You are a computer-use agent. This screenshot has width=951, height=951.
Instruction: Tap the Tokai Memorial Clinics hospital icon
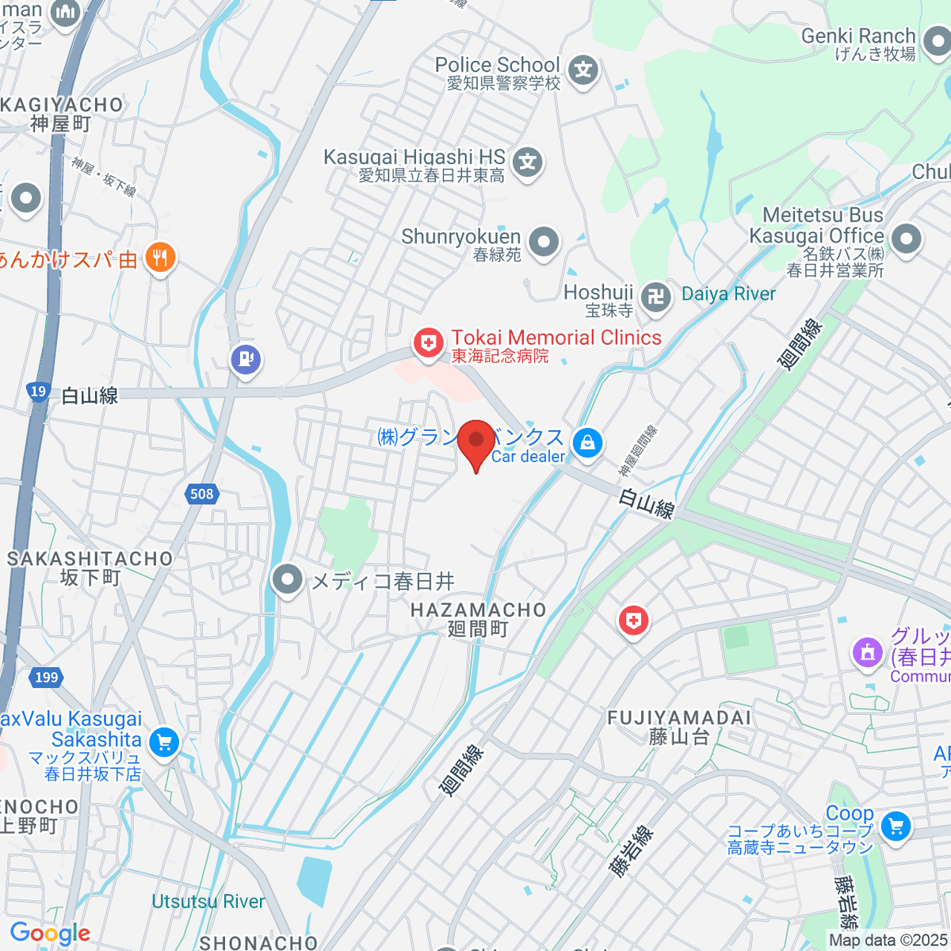click(x=428, y=344)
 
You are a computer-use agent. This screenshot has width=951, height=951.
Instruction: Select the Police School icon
click(x=583, y=71)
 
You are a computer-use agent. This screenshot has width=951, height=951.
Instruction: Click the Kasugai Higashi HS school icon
click(x=527, y=163)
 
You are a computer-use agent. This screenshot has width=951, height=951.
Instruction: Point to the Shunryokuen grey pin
click(x=544, y=242)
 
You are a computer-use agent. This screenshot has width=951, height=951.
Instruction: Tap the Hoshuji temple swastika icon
click(x=655, y=298)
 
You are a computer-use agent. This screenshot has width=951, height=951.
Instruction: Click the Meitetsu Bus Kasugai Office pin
click(x=906, y=238)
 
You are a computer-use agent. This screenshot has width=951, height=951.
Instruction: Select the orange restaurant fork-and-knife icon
click(x=160, y=258)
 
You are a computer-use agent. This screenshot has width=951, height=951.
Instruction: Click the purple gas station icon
click(x=246, y=359)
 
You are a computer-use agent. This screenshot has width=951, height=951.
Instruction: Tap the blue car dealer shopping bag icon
click(x=587, y=443)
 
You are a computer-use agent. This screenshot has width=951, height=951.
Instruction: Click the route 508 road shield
click(x=202, y=494)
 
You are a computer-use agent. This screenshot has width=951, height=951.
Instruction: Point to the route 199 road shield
click(x=47, y=677)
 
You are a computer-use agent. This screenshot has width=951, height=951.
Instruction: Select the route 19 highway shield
click(x=38, y=391)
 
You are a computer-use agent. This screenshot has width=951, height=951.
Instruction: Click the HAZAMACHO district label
click(x=478, y=610)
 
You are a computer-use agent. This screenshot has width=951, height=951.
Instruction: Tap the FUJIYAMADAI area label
click(x=678, y=718)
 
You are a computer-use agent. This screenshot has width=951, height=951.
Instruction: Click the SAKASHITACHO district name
click(x=90, y=559)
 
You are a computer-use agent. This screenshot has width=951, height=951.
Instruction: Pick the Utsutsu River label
click(x=208, y=901)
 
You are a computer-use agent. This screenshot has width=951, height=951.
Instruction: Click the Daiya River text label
click(x=728, y=294)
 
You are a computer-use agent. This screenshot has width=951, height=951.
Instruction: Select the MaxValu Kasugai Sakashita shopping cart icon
click(x=164, y=743)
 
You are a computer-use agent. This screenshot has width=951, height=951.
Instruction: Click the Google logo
click(x=50, y=933)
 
